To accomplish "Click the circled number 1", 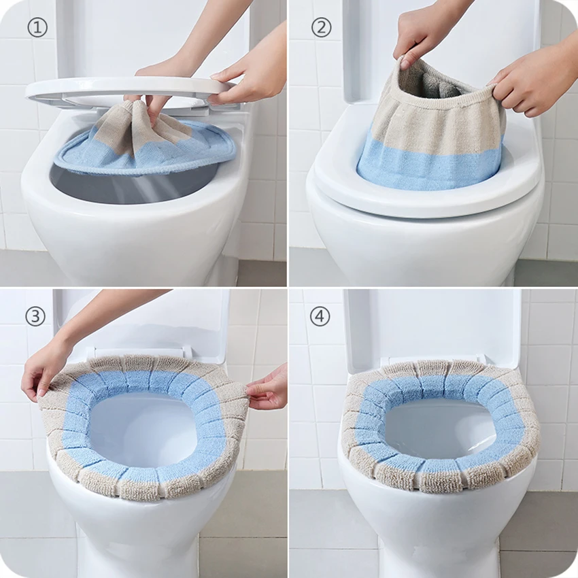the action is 37,28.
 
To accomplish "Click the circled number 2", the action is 322,28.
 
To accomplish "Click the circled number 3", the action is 35,316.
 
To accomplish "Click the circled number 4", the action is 320,317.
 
